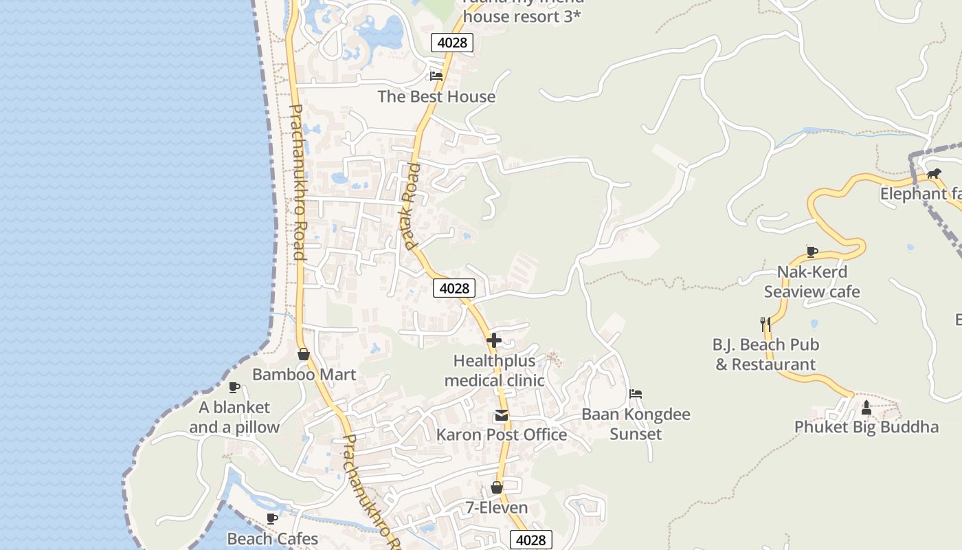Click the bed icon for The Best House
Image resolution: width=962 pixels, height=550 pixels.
(436, 76)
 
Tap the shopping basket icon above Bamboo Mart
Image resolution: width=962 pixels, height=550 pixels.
(303, 354)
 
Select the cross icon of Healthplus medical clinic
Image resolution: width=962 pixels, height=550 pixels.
(493, 340)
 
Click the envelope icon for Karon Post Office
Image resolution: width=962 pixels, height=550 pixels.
(502, 415)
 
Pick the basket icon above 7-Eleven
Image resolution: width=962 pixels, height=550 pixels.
(497, 487)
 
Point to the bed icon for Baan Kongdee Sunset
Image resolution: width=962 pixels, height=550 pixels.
(636, 394)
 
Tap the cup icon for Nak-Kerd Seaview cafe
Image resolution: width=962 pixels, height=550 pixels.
(812, 251)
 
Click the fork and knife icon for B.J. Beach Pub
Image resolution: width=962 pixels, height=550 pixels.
(765, 323)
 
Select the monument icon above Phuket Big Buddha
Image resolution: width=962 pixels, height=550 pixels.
(866, 408)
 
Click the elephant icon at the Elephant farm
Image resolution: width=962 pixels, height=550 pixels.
(933, 173)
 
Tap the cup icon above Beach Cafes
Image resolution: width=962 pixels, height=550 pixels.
(272, 518)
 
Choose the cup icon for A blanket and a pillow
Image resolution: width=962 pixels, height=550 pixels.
(234, 387)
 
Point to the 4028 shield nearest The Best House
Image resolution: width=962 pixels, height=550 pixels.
(452, 43)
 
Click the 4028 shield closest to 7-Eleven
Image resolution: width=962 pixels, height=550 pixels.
(530, 540)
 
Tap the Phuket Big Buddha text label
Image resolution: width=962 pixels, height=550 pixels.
(866, 427)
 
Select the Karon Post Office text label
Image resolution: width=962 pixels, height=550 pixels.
(502, 434)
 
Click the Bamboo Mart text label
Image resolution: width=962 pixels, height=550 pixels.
(304, 375)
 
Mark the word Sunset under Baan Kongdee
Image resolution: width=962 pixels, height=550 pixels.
(636, 434)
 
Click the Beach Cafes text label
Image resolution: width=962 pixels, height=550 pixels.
(273, 538)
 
